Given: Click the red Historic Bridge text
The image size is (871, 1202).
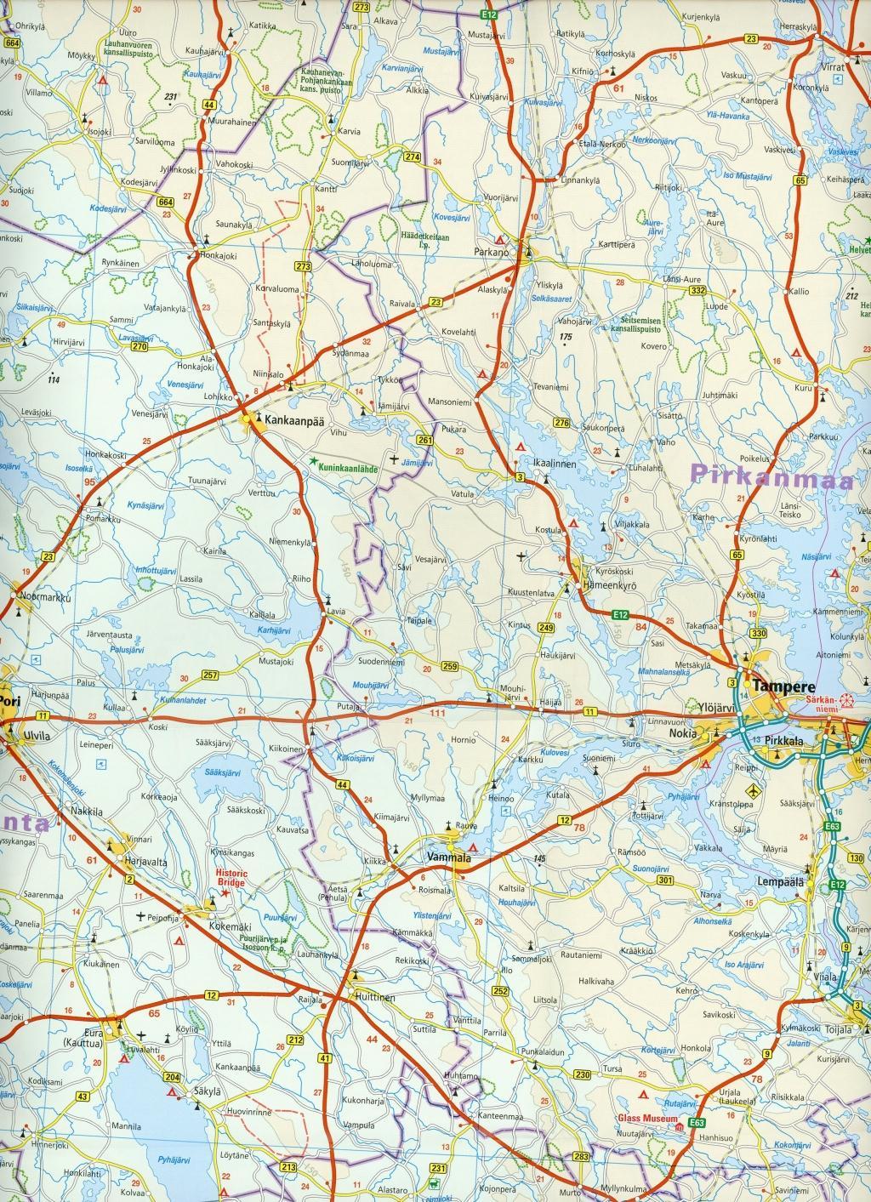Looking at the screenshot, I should click(231, 879).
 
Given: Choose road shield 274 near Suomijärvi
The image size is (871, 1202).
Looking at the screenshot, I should click(413, 157).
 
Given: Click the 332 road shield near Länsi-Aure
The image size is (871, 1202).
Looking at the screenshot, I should click(699, 290).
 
